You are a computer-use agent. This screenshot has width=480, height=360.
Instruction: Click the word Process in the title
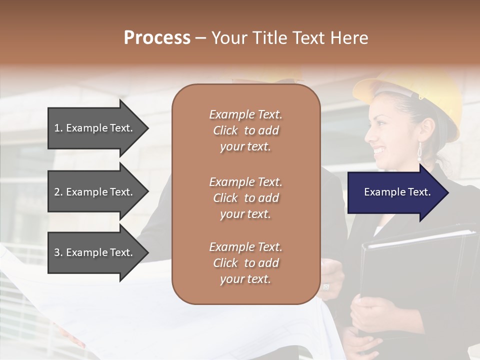pos(157,38)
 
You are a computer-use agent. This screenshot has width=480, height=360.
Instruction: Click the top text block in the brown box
pos(245,130)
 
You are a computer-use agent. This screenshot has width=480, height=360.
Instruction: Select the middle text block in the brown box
pos(245,198)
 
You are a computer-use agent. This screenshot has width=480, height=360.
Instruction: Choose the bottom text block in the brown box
pos(245,263)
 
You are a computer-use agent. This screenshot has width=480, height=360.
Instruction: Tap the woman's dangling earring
pos(419,152)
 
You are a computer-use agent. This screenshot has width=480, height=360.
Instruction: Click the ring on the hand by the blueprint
pos(326,286)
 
